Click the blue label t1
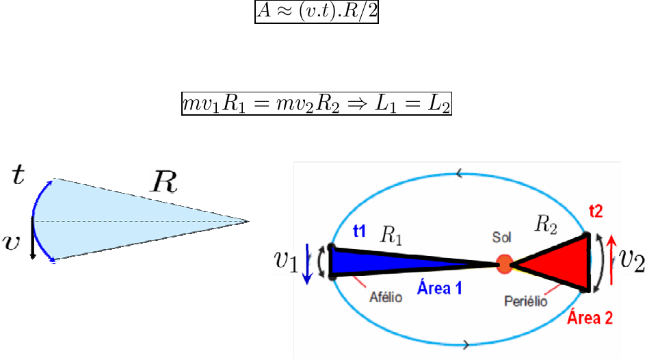click(360, 231)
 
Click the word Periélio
click(525, 300)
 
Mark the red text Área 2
click(591, 316)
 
